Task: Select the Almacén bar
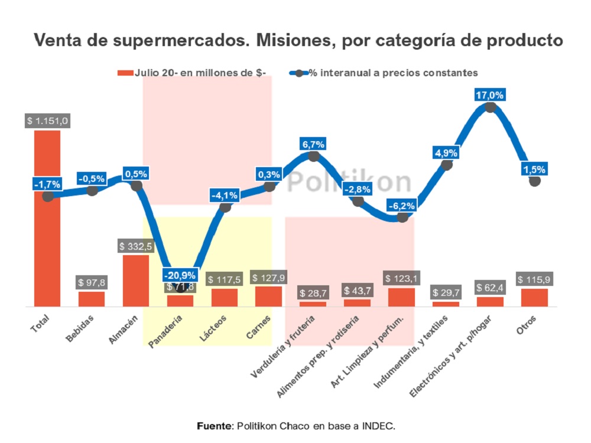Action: pos(136,281)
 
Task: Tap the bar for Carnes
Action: pos(268,297)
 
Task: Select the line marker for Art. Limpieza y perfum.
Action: pos(402,217)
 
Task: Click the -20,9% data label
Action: pos(180,275)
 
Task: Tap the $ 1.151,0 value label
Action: pos(48,120)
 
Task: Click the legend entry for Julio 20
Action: pos(192,73)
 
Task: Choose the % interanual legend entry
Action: pos(384,73)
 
